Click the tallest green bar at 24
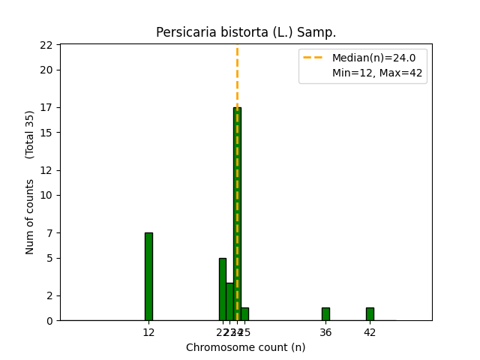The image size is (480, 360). (237, 214)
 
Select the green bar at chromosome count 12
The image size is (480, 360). (148, 276)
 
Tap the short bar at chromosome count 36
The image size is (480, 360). (325, 314)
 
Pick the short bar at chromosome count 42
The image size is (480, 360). (370, 314)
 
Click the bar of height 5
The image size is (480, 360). (222, 289)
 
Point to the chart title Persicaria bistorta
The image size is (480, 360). (246, 33)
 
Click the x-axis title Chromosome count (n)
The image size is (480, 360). (246, 347)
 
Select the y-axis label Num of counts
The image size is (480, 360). (30, 217)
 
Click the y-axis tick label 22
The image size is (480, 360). (46, 45)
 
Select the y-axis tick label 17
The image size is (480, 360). (46, 107)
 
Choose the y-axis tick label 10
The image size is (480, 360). (46, 195)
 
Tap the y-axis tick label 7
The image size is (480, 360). (49, 232)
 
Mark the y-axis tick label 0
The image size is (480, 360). (49, 321)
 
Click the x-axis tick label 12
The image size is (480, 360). (148, 332)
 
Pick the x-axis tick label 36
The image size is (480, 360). (325, 332)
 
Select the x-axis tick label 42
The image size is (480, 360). (370, 332)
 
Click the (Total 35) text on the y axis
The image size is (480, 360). (30, 134)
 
